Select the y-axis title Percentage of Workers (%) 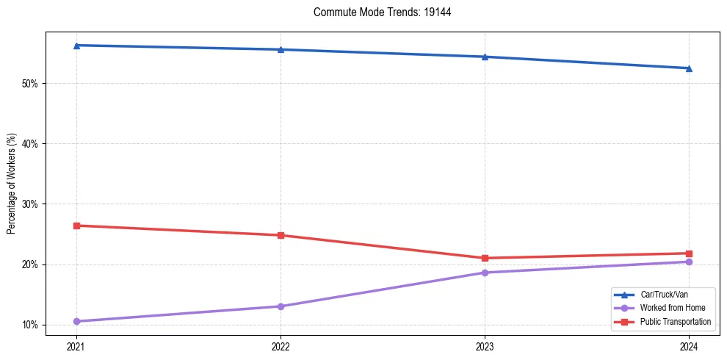12,184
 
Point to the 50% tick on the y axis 30,84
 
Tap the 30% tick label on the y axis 30,204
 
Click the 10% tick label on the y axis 30,325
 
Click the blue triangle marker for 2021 76,46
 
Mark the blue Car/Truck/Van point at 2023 485,57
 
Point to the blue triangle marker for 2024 689,68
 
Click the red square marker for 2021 76,226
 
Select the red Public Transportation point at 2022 281,235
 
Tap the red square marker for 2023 485,258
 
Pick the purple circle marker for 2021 76,321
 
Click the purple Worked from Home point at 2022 281,306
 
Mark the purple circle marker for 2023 485,273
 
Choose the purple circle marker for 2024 689,262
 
